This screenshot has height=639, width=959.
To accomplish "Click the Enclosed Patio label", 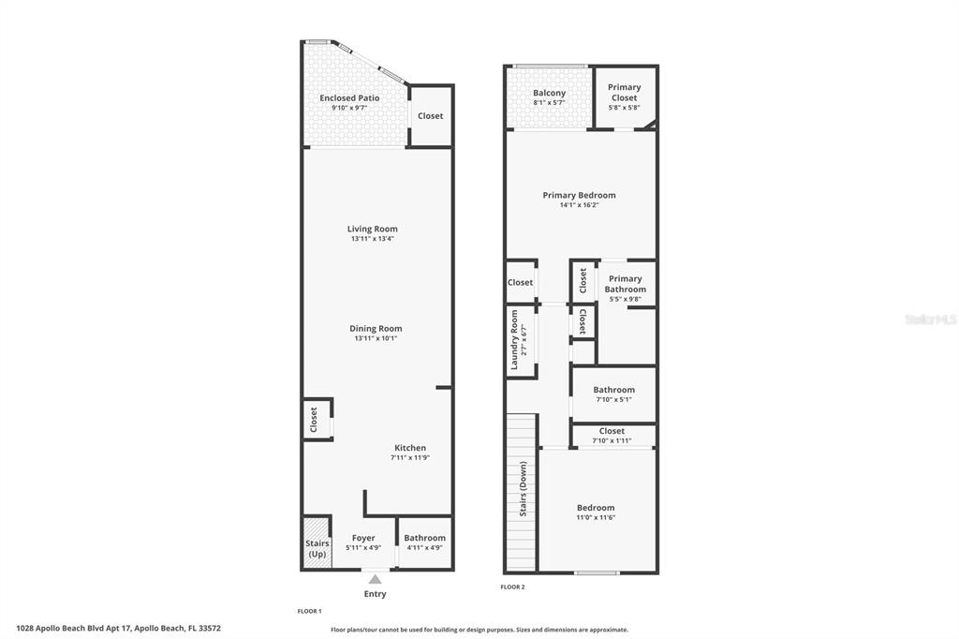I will pos(349,97).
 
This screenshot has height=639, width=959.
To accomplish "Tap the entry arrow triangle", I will pos(375,580).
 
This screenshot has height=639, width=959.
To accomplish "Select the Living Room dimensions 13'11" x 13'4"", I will pos(373,239).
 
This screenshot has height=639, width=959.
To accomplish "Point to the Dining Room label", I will pos(376,329).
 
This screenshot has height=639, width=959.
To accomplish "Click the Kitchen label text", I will pos(410,448).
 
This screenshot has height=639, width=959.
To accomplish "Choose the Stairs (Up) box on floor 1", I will pos(317,548).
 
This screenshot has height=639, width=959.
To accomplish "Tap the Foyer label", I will pos(363,538).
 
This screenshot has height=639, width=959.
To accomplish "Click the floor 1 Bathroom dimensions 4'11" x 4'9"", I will pos(425,548).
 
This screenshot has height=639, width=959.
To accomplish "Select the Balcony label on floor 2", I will pos(549,93).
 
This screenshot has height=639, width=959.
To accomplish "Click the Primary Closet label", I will pos(625,92).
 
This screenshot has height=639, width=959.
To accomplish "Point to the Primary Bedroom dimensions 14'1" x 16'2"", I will pos(579,205).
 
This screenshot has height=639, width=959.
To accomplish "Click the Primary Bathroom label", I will pos(625,284).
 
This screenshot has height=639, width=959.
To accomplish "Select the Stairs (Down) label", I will pos(523,488).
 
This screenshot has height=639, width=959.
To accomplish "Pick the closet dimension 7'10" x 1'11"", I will pos(612,440).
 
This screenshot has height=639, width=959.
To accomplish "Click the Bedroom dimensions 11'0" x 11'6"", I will pos(596,517).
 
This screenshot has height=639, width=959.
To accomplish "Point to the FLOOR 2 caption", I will pos(512,587).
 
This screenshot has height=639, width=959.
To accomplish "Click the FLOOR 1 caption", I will pos(309,611).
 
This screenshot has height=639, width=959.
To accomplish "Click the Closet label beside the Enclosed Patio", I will pos(431,116).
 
